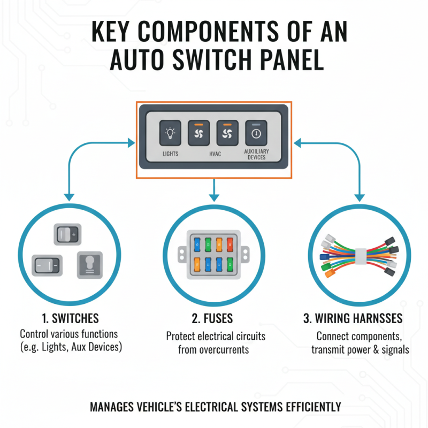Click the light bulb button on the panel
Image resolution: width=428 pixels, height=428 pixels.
(x=170, y=133)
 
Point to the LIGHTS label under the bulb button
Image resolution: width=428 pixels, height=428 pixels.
(x=170, y=154)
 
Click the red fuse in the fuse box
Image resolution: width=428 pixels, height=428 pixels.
(x=230, y=245)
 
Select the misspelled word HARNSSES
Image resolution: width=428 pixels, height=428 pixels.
(x=373, y=319)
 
